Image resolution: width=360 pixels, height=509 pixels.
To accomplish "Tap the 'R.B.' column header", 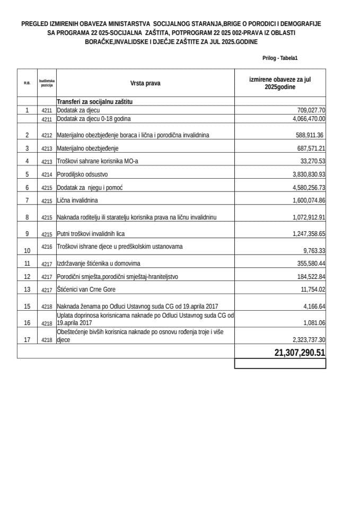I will pyautogui.click(x=27, y=83).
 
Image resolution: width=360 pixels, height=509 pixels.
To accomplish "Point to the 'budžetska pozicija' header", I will pyautogui.click(x=47, y=83).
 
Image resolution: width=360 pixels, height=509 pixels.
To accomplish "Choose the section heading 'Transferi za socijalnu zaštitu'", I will pyautogui.click(x=94, y=101).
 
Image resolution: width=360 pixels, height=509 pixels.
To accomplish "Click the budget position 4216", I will pyautogui.click(x=47, y=247).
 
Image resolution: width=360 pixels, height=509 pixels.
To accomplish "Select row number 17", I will pyautogui.click(x=27, y=338).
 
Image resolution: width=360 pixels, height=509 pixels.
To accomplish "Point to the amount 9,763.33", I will pyautogui.click(x=314, y=251).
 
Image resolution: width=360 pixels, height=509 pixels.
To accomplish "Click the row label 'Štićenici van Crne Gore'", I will pyautogui.click(x=86, y=289).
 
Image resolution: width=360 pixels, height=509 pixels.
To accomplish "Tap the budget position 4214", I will pyautogui.click(x=47, y=174).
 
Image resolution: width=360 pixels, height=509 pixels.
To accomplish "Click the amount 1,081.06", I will pyautogui.click(x=314, y=322).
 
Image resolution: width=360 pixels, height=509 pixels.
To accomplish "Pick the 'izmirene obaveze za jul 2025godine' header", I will pyautogui.click(x=280, y=83).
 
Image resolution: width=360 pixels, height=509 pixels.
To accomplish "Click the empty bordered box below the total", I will pyautogui.click(x=280, y=364).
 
